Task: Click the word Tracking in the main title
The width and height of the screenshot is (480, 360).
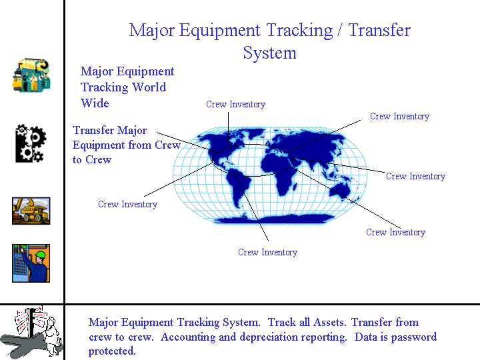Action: coord(299,31)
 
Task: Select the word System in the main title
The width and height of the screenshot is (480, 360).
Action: coord(270,53)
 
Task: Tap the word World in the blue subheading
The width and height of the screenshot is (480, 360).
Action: coord(149,87)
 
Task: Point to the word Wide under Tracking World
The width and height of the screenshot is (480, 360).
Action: coord(95,103)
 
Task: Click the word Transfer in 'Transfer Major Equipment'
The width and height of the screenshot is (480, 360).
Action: coord(93,130)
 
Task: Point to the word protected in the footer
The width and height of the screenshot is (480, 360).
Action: coord(112,351)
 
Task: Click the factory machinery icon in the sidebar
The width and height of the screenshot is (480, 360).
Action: coord(31,75)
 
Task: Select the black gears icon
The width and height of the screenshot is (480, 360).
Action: coord(31,143)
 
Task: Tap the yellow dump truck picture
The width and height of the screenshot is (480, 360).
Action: coord(31,211)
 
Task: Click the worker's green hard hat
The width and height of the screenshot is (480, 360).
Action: coord(41,255)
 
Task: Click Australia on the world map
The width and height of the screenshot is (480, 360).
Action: coord(340,191)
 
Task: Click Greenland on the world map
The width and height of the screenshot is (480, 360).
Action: coord(255,132)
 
